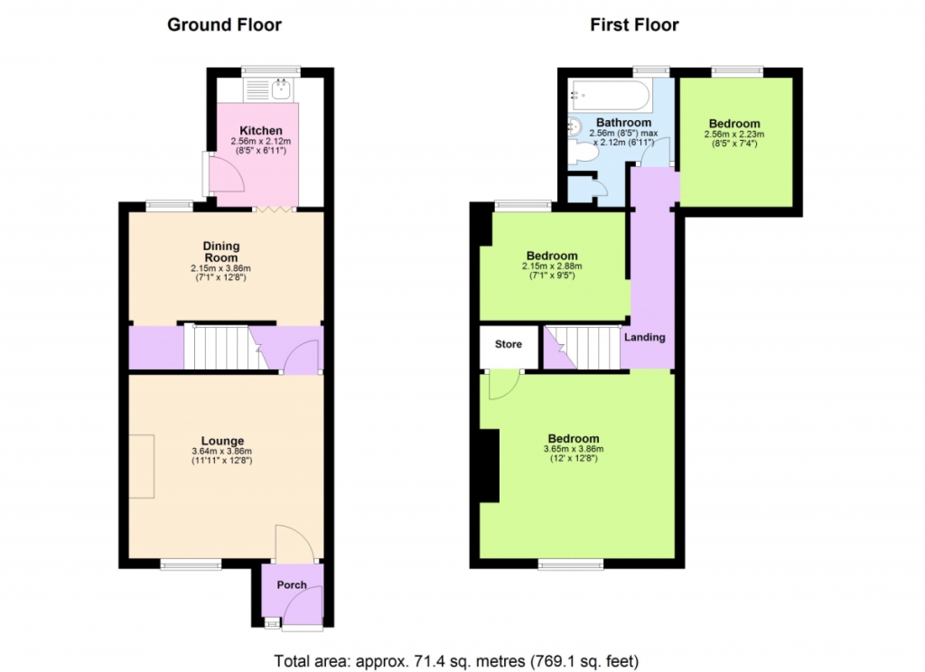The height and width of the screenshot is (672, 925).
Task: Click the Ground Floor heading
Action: pos(224,24)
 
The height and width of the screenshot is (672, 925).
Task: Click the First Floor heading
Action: pos(634,24)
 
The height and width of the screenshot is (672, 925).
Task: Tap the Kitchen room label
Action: pos(261,130)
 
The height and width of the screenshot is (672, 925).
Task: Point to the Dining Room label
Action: pos(221,251)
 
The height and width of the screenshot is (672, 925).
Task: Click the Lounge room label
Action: pos(222,441)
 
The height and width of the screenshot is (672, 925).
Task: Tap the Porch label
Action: pos(292,584)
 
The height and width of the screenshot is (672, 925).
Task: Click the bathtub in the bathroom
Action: pos(611,95)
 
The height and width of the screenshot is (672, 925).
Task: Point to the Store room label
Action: pos(508,344)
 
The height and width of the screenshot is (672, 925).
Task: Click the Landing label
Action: pos(645,337)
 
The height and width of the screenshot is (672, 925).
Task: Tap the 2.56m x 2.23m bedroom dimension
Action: pos(734,134)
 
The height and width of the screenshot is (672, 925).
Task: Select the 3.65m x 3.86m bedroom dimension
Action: pos(574,449)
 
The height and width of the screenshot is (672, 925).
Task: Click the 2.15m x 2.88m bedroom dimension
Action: pos(552,266)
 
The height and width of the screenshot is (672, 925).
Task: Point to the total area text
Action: pos(456,661)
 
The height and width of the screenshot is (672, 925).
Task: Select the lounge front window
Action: pos(191,565)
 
